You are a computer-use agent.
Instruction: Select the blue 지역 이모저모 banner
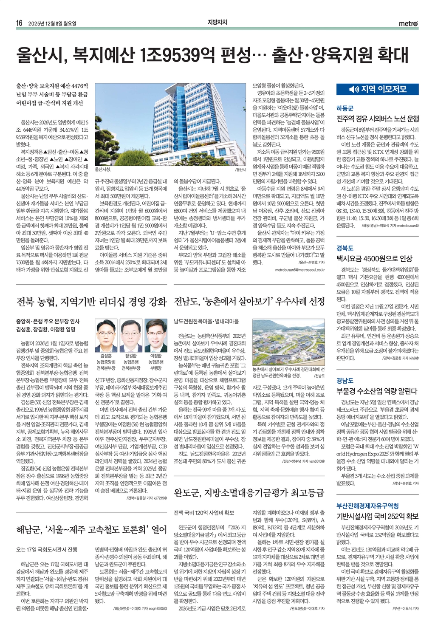(x=377, y=89)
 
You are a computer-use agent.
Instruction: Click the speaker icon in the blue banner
(x=354, y=89)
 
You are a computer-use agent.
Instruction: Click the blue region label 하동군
(x=345, y=108)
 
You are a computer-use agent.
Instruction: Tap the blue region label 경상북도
(x=345, y=248)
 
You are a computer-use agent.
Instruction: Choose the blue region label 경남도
(x=345, y=381)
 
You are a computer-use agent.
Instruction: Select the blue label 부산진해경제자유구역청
(x=367, y=506)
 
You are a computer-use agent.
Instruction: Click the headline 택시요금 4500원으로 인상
(x=374, y=258)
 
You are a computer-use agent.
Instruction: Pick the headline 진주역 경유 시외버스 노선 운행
(x=378, y=119)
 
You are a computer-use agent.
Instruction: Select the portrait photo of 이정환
(x=156, y=333)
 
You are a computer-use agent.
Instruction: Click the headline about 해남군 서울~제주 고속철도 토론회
(x=91, y=529)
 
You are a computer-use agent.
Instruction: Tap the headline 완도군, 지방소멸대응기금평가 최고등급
(x=249, y=493)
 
